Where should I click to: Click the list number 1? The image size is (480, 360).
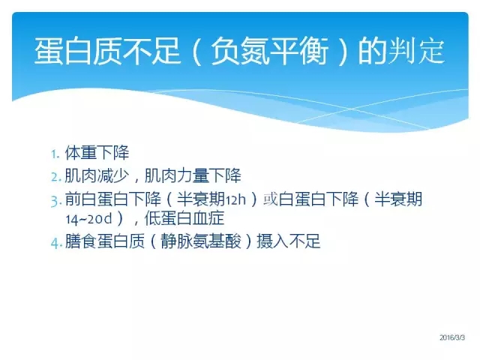55,154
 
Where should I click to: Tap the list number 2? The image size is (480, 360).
56,177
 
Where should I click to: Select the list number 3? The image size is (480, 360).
56,201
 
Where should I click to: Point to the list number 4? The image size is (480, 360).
57,243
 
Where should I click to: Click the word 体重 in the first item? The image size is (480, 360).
81,152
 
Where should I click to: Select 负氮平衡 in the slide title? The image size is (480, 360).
270,51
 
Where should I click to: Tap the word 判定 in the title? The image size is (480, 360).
415,51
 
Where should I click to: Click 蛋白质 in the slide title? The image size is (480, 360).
78,51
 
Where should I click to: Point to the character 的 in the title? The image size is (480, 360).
372,51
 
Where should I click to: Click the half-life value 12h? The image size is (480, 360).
235,200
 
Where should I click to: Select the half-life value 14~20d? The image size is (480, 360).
89,219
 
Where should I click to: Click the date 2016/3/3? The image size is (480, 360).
452,337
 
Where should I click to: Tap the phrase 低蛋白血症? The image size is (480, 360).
184,218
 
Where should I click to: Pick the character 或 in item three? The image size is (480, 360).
271,199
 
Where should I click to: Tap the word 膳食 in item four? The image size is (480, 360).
81,241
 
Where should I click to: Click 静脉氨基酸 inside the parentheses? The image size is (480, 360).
201,241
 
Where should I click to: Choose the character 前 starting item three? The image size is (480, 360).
73,199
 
